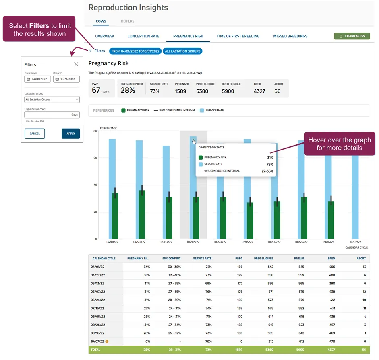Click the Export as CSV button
352,36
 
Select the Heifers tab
127,21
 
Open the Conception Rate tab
143,36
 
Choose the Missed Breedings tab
290,36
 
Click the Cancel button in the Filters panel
35,134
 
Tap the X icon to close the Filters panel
76,64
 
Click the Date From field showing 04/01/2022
37,79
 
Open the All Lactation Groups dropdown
52,99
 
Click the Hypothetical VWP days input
52,115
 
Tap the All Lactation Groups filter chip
182,51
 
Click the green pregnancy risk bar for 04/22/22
142,214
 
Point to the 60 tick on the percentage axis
95,158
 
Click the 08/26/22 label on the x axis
301,242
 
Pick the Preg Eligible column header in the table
263,258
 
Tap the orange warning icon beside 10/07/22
107,341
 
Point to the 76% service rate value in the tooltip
270,165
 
